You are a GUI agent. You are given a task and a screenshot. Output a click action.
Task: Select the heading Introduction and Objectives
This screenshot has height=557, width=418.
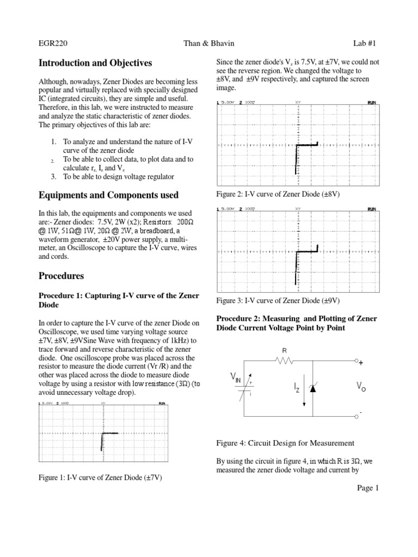95,64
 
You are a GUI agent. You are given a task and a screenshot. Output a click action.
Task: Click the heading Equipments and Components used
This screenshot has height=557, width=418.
108,195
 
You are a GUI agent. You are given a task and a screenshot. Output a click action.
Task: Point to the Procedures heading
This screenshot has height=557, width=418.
62,276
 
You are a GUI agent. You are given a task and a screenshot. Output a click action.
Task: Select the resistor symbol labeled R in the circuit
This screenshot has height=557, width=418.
284,360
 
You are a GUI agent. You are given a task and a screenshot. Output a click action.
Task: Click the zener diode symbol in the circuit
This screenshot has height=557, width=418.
312,387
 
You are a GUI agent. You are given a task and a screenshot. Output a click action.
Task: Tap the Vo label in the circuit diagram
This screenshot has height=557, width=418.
361,386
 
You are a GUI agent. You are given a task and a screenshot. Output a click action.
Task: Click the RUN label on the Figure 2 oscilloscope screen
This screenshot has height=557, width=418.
372,102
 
